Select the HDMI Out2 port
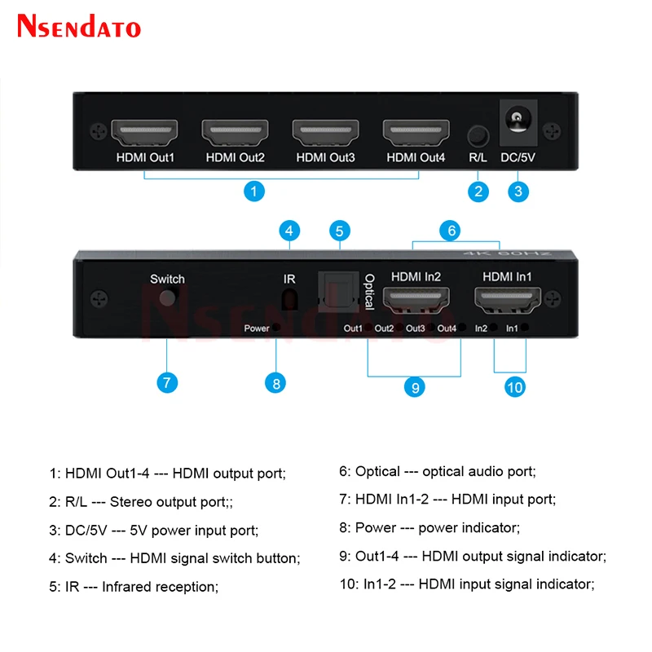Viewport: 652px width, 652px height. coord(234,131)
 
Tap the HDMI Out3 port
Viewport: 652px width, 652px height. coord(324,131)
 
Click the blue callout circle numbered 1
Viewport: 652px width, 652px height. coord(255,192)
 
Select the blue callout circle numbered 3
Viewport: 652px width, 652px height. coord(518,192)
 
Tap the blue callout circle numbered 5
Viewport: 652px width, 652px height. coord(341,231)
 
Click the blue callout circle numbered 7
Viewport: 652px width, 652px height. coord(166,381)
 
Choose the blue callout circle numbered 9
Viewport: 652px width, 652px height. coord(414,387)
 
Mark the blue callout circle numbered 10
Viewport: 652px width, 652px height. coord(514,387)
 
